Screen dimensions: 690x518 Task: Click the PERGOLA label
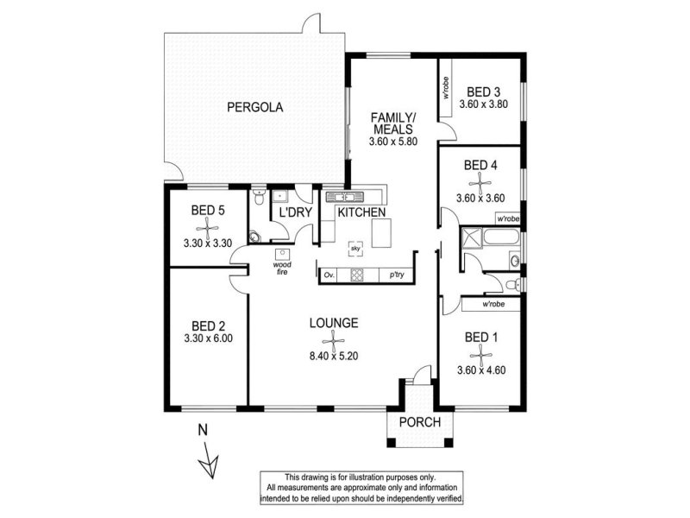tap(254, 107)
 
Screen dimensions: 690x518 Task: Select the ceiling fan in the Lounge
tap(334, 340)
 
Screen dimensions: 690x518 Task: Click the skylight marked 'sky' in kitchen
tap(355, 249)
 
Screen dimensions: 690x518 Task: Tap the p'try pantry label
tap(397, 275)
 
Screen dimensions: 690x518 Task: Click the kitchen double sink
tap(345, 197)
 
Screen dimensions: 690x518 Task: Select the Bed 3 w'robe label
tap(445, 88)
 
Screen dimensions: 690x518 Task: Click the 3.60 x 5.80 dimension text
tap(393, 142)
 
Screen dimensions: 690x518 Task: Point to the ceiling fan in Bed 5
tap(207, 229)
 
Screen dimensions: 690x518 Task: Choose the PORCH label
tap(420, 422)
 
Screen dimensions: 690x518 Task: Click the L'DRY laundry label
tap(296, 212)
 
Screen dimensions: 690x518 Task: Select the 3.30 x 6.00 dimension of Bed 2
tap(208, 338)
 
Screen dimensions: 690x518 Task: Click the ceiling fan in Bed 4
tap(480, 182)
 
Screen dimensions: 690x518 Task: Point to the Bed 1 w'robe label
tap(493, 304)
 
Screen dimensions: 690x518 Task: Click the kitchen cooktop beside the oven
tap(357, 275)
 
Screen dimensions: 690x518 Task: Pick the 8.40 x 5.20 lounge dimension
tap(334, 356)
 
